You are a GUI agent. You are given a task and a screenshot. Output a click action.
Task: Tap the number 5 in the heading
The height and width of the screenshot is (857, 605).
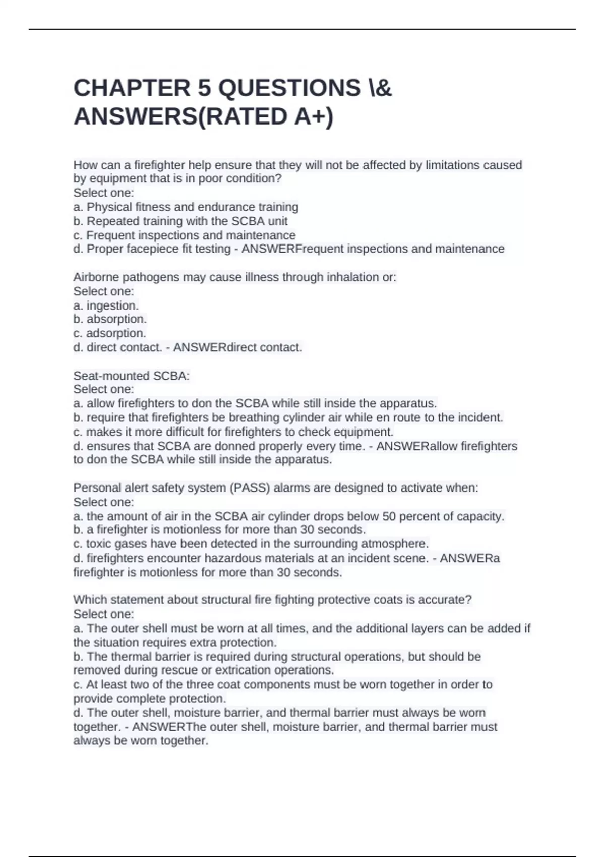(x=204, y=88)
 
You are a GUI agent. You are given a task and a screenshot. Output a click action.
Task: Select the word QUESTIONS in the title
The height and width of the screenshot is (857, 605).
(x=289, y=88)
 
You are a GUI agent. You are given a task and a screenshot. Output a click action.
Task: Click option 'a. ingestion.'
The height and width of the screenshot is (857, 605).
(x=106, y=305)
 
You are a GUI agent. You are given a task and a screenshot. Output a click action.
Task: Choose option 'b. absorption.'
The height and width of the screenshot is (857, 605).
(x=110, y=319)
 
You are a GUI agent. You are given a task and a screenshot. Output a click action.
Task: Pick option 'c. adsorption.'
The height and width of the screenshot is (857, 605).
(x=109, y=333)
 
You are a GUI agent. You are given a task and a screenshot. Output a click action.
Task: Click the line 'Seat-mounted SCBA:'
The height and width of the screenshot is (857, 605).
(x=131, y=376)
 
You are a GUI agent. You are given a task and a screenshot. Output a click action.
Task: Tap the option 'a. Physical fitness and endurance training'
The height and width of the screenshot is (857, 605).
(x=186, y=207)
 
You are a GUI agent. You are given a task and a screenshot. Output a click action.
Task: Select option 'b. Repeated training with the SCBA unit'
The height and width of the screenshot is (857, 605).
(x=180, y=221)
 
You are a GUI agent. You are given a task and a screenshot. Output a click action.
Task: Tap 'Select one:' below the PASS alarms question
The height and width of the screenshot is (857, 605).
(x=103, y=502)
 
